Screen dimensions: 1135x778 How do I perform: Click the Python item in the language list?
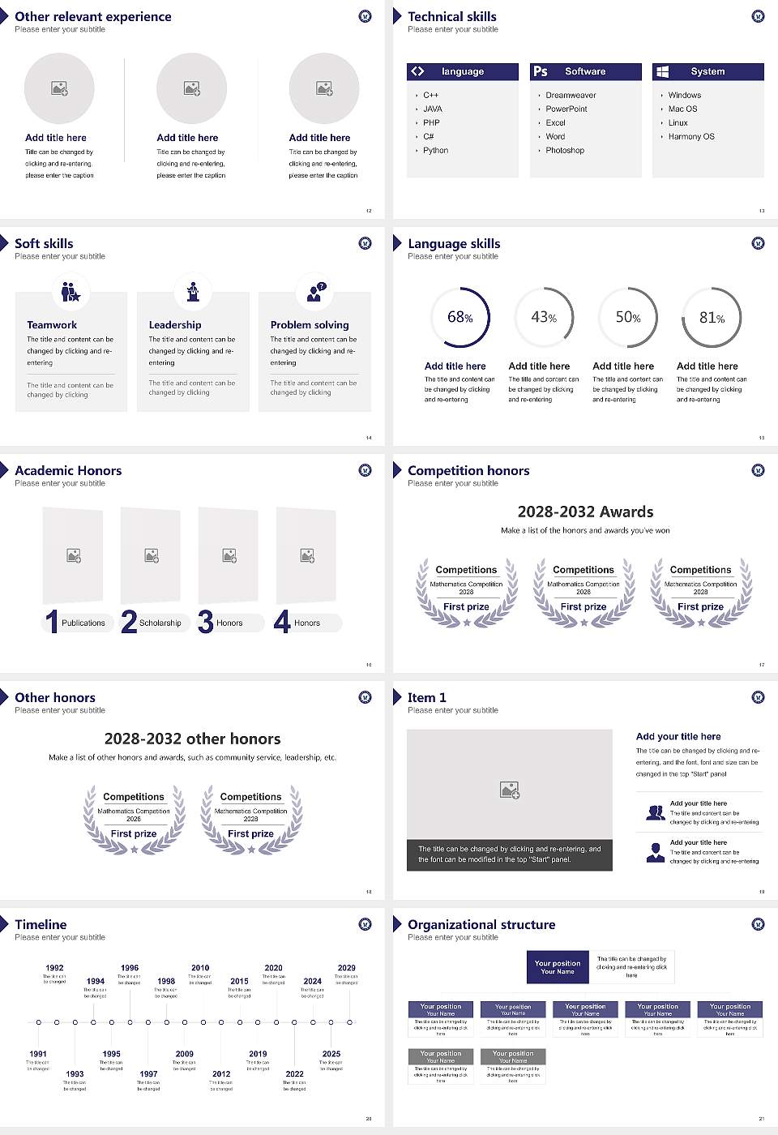[435, 151]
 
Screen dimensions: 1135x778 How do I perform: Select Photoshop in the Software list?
[565, 151]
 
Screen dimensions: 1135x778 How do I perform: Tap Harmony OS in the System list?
[691, 137]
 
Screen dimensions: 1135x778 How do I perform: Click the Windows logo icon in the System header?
[663, 71]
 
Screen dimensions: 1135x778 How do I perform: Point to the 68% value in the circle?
[460, 318]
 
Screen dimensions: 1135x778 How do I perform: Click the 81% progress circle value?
[712, 318]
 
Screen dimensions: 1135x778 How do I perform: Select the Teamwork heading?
[52, 325]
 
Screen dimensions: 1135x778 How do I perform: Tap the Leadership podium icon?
[193, 291]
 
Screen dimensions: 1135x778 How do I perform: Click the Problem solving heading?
[310, 325]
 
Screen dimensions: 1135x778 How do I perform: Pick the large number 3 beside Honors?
[206, 622]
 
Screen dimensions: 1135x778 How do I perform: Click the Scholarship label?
[160, 623]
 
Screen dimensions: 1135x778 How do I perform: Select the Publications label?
[83, 623]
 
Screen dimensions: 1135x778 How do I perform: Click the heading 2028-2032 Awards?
[585, 512]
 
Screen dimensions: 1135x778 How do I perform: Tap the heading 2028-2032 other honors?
[192, 739]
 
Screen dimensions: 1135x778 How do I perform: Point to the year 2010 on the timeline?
[200, 968]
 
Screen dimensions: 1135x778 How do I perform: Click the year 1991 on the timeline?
[38, 1054]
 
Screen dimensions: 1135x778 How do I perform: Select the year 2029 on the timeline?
[346, 968]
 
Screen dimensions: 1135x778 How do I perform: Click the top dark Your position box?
[558, 967]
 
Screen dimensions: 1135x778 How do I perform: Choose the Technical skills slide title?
[452, 17]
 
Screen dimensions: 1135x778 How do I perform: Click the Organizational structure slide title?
[481, 925]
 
